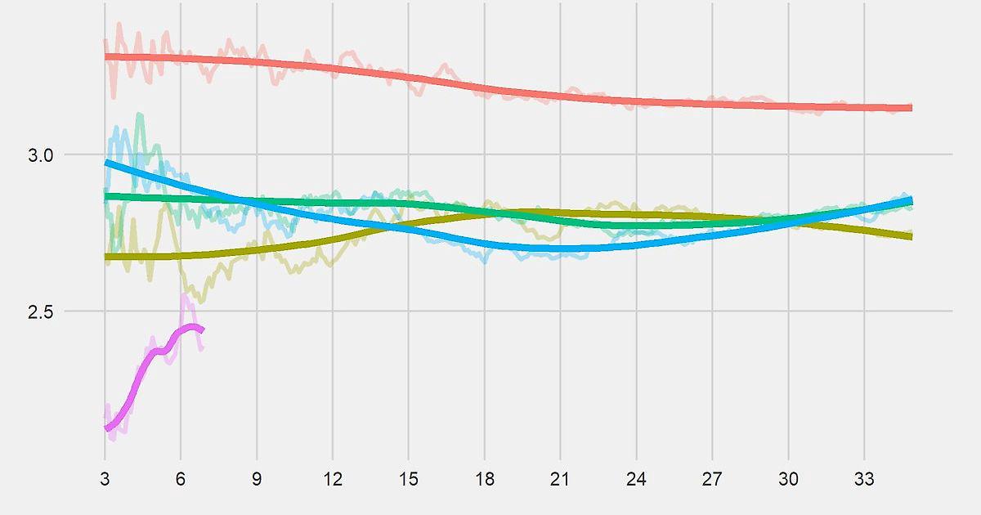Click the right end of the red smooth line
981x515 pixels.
(x=911, y=108)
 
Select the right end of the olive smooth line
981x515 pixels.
(x=911, y=236)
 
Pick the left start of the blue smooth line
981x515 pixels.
(x=106, y=163)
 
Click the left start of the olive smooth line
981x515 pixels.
(x=106, y=257)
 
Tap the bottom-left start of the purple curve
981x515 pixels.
(x=106, y=428)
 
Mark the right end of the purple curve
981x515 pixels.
(x=202, y=329)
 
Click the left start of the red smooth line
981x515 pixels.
(x=106, y=56)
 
